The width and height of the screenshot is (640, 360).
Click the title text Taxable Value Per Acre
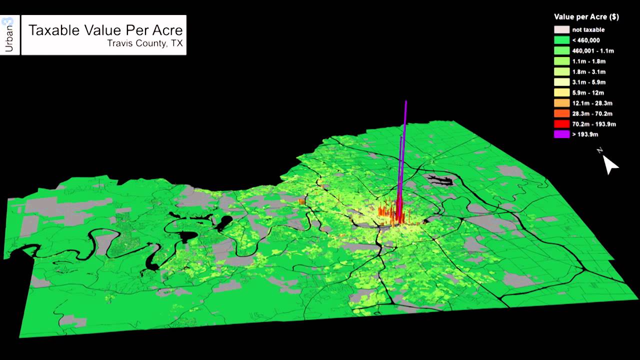(105, 30)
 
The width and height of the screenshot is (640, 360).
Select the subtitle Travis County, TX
(144, 43)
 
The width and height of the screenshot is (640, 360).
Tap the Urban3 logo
(8, 35)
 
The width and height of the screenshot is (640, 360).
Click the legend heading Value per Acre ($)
(586, 17)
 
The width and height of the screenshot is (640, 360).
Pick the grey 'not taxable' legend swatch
(561, 30)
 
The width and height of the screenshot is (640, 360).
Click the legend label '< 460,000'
(586, 40)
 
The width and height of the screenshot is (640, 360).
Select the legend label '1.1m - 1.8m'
(588, 61)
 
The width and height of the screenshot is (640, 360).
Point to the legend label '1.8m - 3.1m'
(588, 72)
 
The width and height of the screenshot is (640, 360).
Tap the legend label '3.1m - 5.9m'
(588, 82)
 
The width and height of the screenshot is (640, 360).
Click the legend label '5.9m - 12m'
(588, 93)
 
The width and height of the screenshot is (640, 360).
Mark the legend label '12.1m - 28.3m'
(592, 103)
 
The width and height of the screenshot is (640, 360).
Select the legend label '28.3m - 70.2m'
(592, 114)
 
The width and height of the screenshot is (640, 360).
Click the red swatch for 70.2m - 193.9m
(561, 124)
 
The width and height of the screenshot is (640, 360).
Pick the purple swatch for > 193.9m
(561, 134)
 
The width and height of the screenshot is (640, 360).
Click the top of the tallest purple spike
(406, 102)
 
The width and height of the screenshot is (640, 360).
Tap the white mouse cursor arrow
(609, 164)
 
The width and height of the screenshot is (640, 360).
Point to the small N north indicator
(600, 150)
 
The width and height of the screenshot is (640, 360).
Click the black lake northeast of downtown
(436, 179)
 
